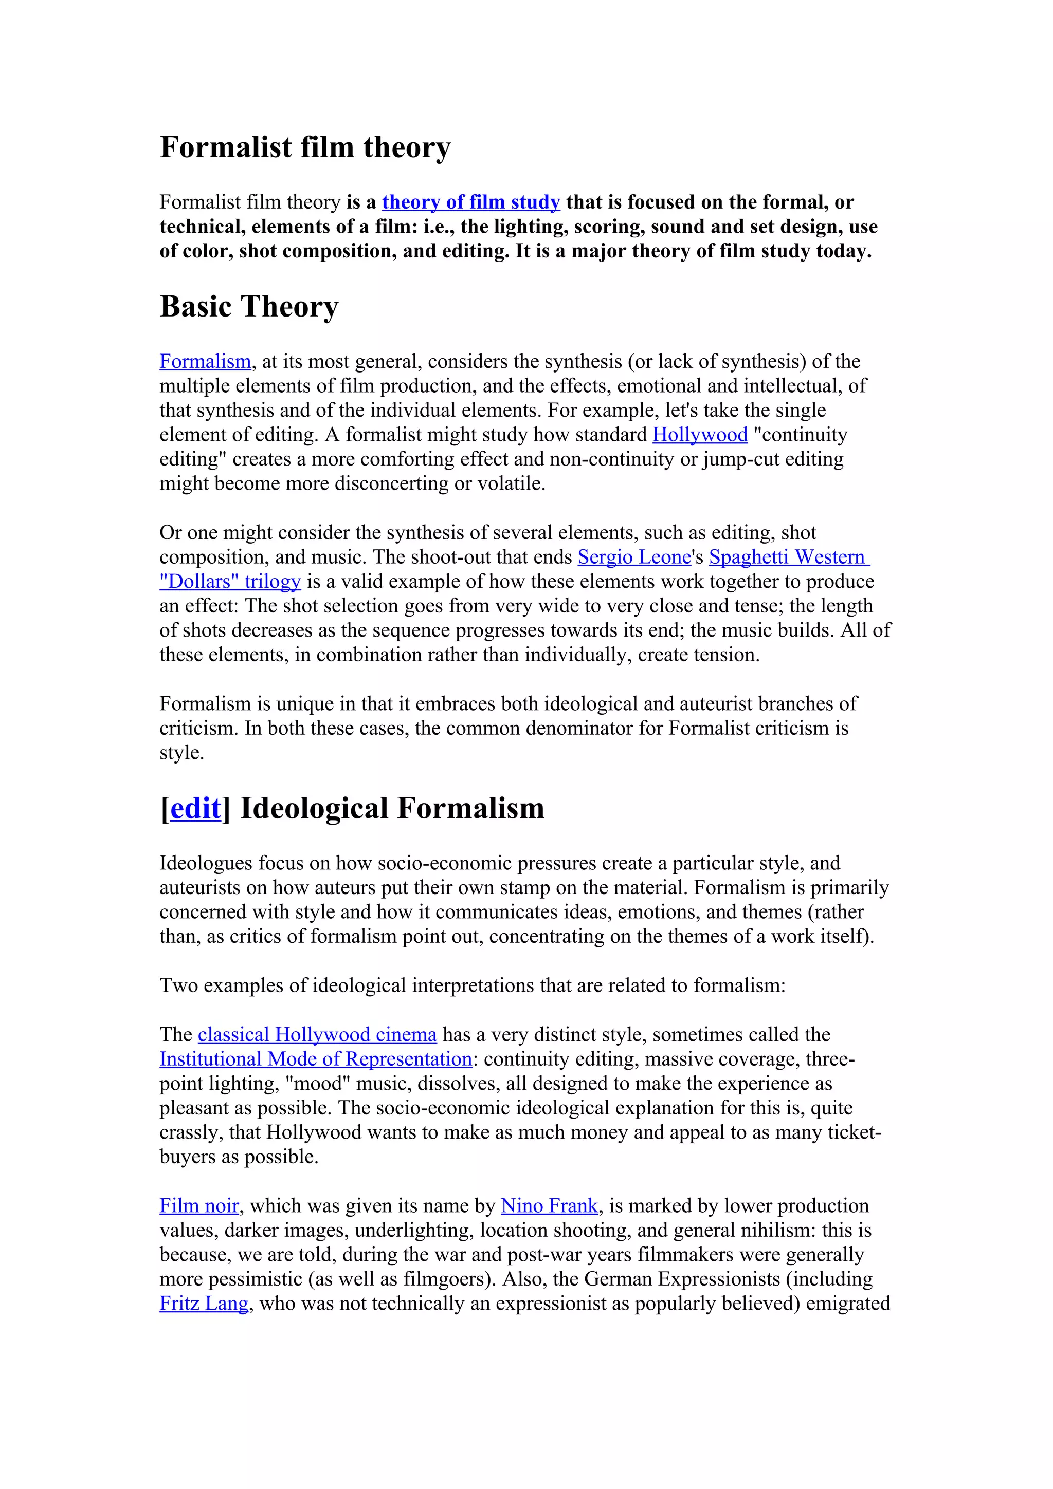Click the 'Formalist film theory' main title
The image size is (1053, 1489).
coord(305,148)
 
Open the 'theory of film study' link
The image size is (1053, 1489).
coord(470,202)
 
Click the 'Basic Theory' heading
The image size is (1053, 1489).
coord(249,307)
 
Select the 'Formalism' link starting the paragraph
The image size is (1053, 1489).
coord(205,362)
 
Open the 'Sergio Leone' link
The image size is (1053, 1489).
coord(634,557)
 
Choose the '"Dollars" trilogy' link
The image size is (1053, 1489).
coord(230,582)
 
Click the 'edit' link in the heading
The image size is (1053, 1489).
coord(195,808)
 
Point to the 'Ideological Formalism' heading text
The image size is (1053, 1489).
coord(392,808)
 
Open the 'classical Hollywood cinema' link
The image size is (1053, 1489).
coord(317,1034)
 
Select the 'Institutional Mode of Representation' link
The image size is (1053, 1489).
coord(315,1059)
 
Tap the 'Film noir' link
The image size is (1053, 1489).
coord(199,1205)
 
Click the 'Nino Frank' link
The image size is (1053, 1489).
coord(549,1205)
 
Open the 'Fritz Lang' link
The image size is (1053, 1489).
coord(204,1304)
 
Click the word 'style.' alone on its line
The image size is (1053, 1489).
coord(181,753)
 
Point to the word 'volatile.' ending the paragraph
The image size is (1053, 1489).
coord(511,484)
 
